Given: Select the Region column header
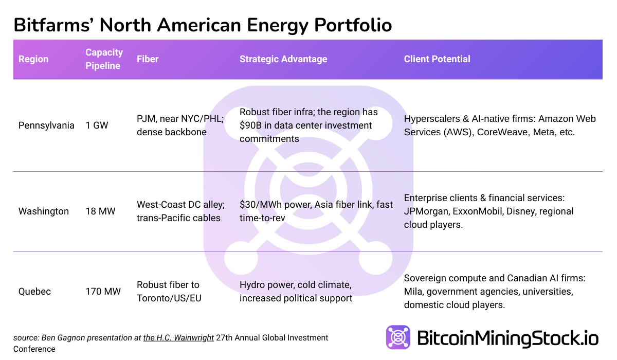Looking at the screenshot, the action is [33, 59].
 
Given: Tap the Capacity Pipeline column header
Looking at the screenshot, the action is [104, 59].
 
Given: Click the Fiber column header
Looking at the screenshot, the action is [148, 59].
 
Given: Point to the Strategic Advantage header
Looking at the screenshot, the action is [283, 59].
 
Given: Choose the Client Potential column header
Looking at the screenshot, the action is [437, 59].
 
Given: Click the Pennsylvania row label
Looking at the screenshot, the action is [46, 125].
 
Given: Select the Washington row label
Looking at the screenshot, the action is [44, 211].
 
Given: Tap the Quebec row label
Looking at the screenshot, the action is [34, 292].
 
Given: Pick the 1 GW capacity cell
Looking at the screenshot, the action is [97, 125].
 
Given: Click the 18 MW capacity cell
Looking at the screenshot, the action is [100, 211].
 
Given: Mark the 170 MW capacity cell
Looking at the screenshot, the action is [103, 292].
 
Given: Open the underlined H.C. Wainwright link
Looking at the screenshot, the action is [178, 338].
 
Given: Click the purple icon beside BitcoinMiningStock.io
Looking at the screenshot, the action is [398, 337].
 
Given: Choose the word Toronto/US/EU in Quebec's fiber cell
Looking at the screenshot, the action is [169, 298].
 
